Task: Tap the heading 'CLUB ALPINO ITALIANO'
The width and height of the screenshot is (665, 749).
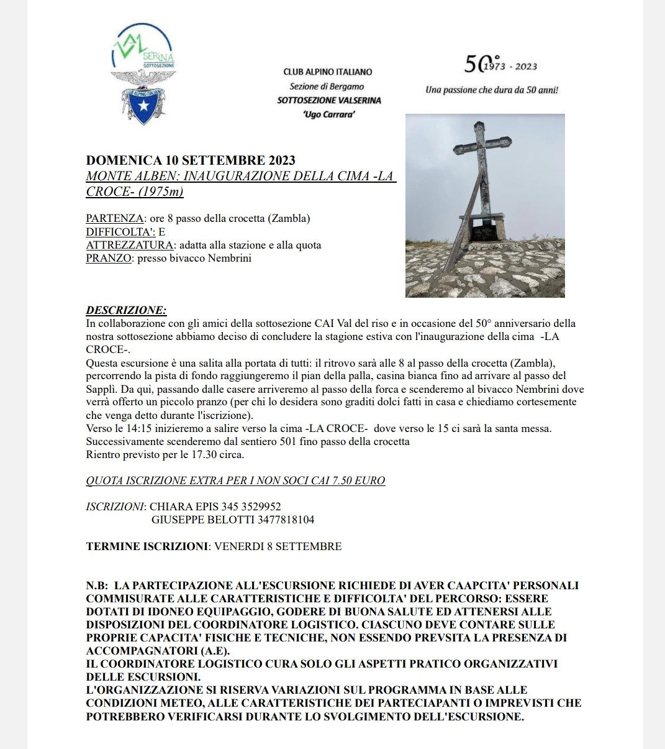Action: click(x=328, y=72)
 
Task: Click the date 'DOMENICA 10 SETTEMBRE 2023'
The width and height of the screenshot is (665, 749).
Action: click(x=191, y=161)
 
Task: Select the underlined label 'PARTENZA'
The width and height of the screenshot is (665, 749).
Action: click(x=115, y=218)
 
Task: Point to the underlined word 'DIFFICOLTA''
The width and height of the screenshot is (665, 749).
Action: click(x=120, y=232)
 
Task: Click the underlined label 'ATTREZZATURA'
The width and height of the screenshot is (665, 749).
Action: click(x=129, y=245)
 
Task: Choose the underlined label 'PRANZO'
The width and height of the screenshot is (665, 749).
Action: click(x=109, y=258)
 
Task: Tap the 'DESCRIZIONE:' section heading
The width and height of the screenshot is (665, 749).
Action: click(x=126, y=310)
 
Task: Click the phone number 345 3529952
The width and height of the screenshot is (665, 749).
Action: click(x=251, y=507)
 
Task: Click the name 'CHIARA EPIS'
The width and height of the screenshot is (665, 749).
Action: click(x=184, y=507)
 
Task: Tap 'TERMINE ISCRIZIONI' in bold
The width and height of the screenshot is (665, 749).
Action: click(x=147, y=546)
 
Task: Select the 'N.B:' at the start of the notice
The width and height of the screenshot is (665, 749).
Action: click(x=97, y=586)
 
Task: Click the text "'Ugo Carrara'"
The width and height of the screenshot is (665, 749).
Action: click(x=330, y=114)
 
